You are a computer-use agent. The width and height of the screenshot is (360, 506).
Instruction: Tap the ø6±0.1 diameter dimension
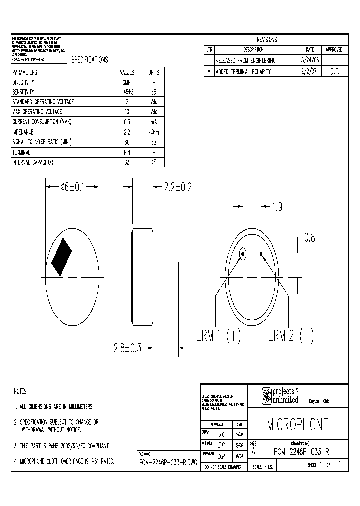[x=73, y=187]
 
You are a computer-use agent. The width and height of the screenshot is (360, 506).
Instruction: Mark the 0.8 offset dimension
[x=310, y=238]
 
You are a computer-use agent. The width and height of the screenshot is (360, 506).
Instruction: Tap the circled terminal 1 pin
[x=242, y=254]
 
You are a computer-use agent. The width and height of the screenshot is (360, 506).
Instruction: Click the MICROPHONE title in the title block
[x=298, y=424]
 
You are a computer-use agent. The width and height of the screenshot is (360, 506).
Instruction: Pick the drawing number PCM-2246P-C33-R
[x=301, y=452]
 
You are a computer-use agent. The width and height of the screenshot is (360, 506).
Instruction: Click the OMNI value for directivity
[x=127, y=82]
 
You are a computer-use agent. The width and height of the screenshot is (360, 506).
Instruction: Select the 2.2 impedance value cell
[x=127, y=132]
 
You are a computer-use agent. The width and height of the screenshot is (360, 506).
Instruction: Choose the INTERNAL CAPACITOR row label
[x=33, y=162]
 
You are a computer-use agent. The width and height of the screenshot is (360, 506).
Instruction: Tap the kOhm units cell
[x=154, y=132]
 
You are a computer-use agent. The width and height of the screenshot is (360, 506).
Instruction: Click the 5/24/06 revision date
[x=309, y=60]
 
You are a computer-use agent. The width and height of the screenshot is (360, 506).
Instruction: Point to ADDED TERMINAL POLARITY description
[x=243, y=72]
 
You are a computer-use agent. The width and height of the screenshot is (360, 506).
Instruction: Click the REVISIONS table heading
[x=267, y=40]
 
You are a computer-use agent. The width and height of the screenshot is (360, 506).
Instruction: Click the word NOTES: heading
[x=21, y=391]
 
